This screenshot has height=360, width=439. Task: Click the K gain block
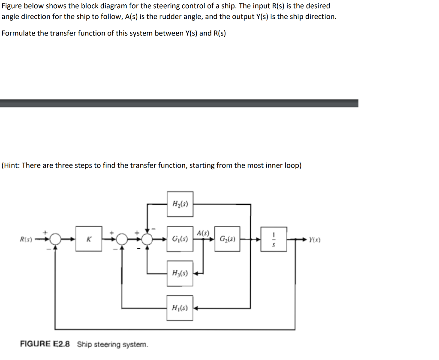point(89,239)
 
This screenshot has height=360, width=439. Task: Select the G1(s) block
point(179,239)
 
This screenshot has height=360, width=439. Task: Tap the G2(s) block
point(227,239)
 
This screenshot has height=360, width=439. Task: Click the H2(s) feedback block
point(179,204)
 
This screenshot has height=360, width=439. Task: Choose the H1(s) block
point(179,307)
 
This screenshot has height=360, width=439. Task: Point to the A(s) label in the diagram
point(203,233)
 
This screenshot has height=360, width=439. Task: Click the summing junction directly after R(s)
point(54,239)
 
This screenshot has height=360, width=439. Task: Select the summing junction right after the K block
point(122,239)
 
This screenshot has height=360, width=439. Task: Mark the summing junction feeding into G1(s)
point(147,239)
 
